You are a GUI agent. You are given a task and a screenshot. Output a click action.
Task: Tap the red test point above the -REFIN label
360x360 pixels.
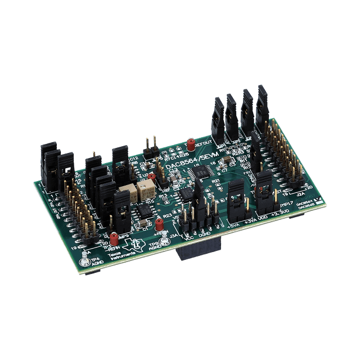coord(114,237)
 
